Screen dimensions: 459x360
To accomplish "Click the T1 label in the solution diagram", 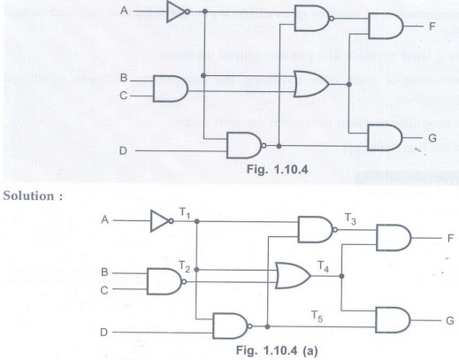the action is (185, 213).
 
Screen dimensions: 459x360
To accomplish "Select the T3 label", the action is (350, 218).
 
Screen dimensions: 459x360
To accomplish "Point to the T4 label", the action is (323, 266).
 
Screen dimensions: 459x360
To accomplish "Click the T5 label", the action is (317, 317).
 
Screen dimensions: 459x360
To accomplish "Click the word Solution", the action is (28, 195).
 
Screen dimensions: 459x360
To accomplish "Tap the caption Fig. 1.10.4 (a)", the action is (277, 350).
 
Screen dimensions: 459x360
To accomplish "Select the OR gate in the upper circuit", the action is (311, 84).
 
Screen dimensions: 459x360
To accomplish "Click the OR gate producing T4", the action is (293, 275).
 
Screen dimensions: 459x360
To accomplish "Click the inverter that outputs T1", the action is (162, 220).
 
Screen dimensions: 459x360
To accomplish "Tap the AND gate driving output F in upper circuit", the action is (386, 26).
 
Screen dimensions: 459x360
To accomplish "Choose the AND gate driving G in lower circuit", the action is (393, 320).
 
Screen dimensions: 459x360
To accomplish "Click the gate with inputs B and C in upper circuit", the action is (171, 88).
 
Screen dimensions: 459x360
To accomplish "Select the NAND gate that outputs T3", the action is (317, 229).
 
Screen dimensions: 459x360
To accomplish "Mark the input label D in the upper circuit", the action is (123, 151).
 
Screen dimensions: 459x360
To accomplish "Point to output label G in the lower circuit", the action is (449, 320).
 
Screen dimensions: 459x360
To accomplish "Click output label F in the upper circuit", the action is (432, 27).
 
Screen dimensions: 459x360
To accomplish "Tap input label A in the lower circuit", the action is (104, 220).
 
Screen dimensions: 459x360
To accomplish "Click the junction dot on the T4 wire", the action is (341, 276).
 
